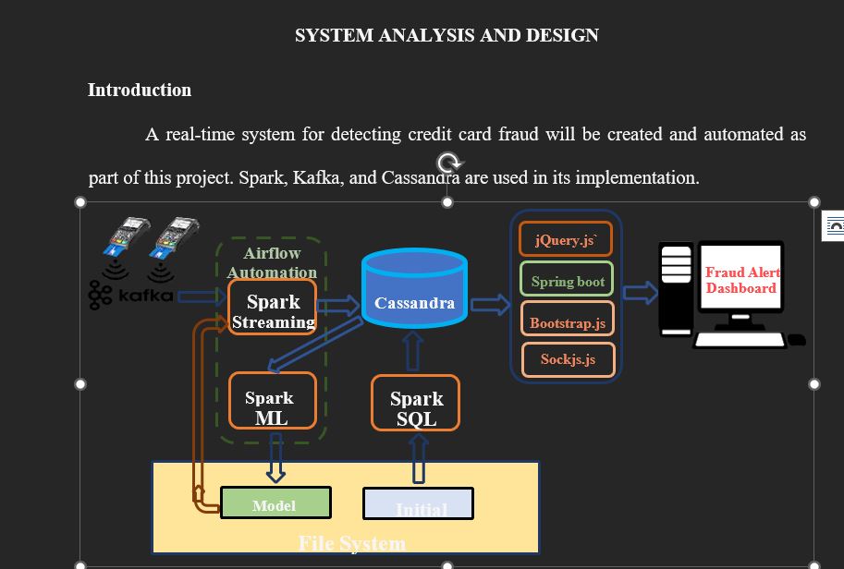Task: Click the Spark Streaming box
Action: pyautogui.click(x=272, y=309)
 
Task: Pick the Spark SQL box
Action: pyautogui.click(x=415, y=404)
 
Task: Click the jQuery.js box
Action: pyautogui.click(x=566, y=239)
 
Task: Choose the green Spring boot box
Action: pyautogui.click(x=568, y=281)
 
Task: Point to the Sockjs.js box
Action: pyautogui.click(x=568, y=359)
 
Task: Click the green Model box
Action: pyautogui.click(x=275, y=503)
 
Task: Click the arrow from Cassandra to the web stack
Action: pyautogui.click(x=490, y=304)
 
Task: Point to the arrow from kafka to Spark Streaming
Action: pyautogui.click(x=201, y=297)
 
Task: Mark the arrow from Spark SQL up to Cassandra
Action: pyautogui.click(x=414, y=352)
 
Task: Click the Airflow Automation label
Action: pyautogui.click(x=272, y=262)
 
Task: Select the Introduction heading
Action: pyautogui.click(x=140, y=90)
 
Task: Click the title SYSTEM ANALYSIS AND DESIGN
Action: pyautogui.click(x=446, y=35)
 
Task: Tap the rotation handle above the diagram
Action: pyautogui.click(x=447, y=163)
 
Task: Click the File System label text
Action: pyautogui.click(x=351, y=543)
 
